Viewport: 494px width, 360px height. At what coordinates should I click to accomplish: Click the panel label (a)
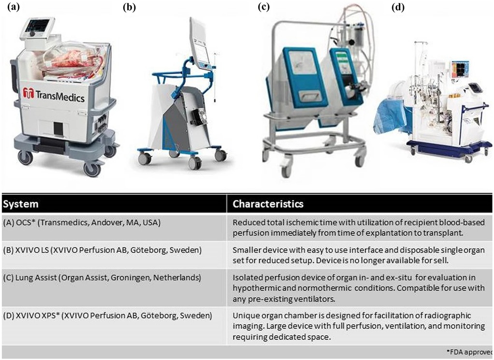coord(11,7)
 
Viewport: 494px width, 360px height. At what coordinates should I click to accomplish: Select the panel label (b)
coord(130,7)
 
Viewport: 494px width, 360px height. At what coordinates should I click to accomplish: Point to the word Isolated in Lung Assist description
coord(248,277)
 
